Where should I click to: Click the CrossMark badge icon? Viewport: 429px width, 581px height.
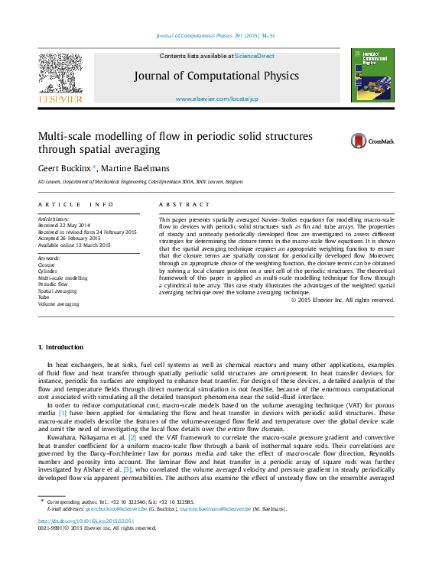tap(359, 141)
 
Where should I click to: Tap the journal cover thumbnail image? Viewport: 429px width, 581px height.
tap(372, 75)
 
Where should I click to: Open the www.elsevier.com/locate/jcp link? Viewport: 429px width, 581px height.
tap(217, 99)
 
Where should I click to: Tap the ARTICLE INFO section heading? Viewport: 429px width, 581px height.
tap(76, 205)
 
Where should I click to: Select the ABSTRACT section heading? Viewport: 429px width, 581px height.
tap(184, 205)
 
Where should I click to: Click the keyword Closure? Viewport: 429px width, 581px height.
tap(47, 265)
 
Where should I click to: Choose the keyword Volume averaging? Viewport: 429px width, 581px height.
tap(58, 304)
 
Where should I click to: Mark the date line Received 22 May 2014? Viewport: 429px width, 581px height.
tap(63, 226)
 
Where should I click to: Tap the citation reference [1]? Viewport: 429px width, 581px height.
tap(62, 413)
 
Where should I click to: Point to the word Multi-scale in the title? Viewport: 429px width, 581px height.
tap(67, 136)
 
